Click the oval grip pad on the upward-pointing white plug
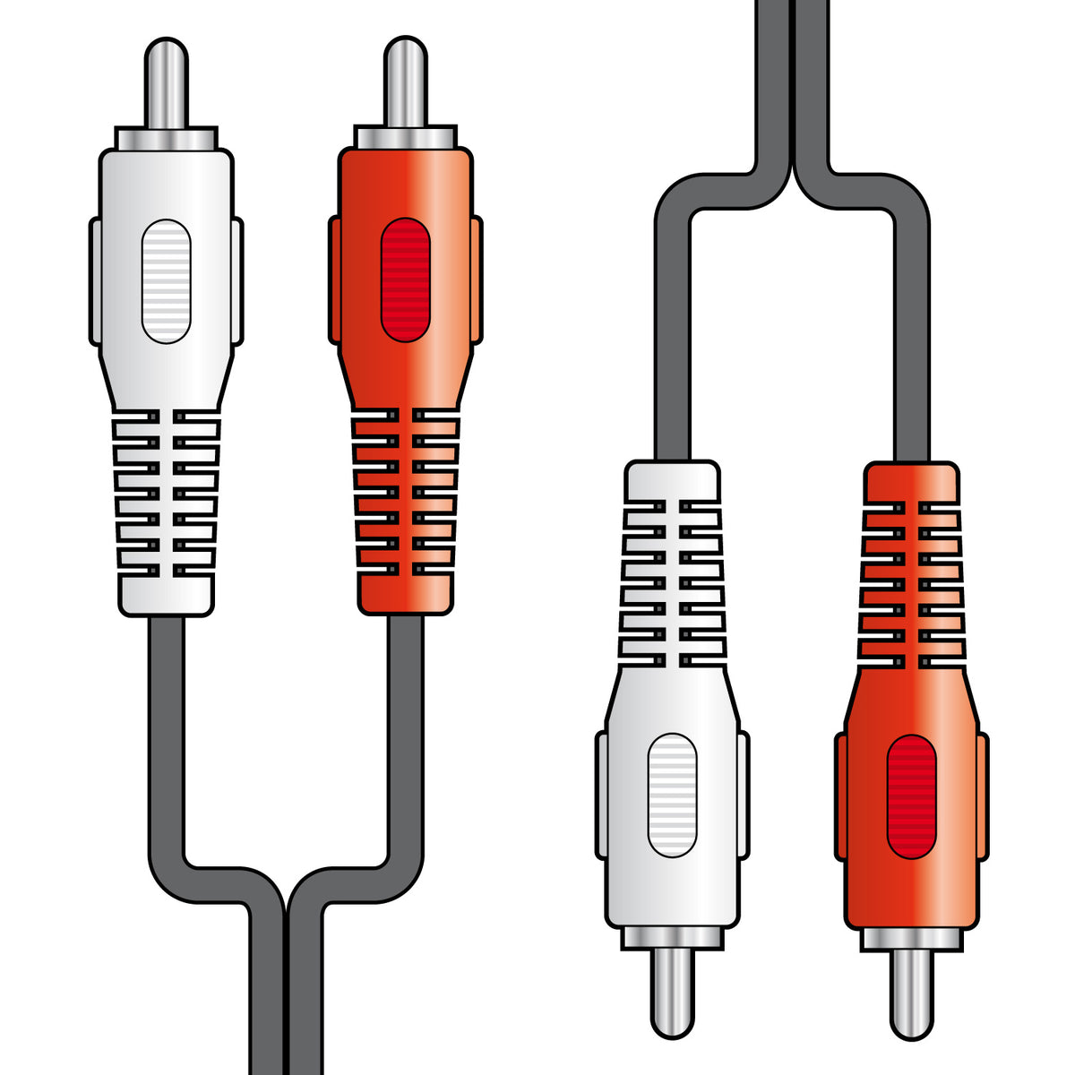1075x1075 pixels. click(167, 281)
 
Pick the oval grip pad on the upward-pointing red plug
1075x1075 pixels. click(406, 281)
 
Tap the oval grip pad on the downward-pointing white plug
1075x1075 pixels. click(672, 795)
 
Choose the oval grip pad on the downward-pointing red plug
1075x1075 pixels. click(911, 795)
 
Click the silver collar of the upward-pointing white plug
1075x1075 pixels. click(167, 138)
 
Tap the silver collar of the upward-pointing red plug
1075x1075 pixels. click(406, 138)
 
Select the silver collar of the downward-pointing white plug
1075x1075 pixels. click(672, 937)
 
